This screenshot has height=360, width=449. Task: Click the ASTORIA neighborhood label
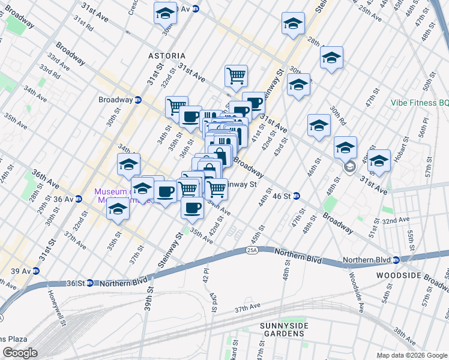(167, 56)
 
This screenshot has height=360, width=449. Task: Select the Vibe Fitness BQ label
(419, 103)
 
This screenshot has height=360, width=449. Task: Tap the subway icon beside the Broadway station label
(138, 100)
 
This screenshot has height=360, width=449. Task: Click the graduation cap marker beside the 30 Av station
(166, 12)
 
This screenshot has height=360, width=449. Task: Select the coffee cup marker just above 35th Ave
(192, 208)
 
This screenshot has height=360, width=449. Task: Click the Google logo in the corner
(20, 353)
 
